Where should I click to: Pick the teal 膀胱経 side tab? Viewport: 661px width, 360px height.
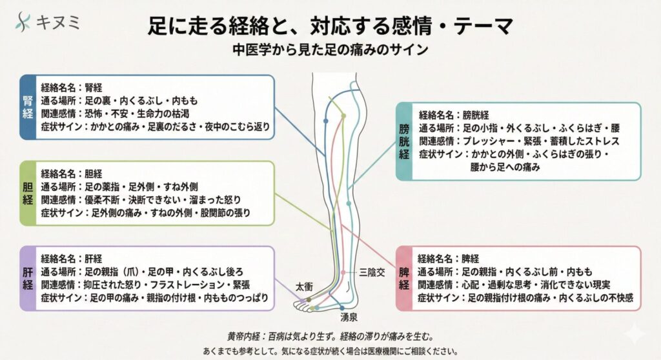(404, 141)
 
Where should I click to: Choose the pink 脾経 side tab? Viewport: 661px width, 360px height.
(404, 277)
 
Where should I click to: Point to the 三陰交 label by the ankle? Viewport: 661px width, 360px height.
(372, 273)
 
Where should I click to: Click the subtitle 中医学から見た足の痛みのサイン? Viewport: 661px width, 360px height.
(330, 49)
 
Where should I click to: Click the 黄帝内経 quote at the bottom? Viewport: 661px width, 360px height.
(330, 336)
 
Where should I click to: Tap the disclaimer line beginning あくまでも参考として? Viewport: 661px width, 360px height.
(330, 352)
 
